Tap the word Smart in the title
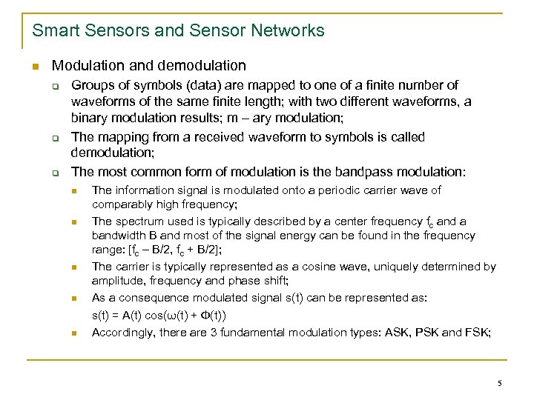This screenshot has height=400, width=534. coord(53,30)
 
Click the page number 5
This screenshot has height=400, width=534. coord(500,383)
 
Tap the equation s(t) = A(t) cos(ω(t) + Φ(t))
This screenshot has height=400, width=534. coord(159,316)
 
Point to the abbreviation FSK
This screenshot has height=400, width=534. coord(476,333)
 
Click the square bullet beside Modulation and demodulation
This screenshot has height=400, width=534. coord(35,67)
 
